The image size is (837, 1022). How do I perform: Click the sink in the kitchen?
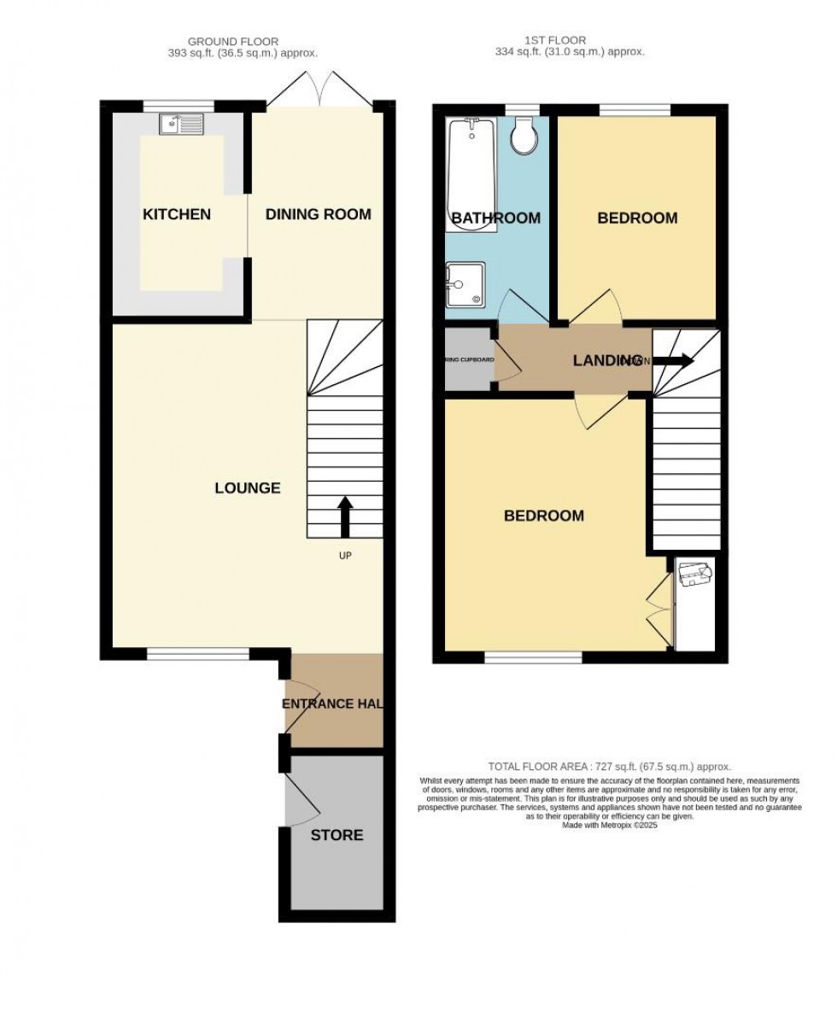(181, 125)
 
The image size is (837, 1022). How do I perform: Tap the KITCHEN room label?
(176, 214)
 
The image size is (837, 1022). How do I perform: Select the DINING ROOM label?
(318, 214)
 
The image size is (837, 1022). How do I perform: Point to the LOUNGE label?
(248, 488)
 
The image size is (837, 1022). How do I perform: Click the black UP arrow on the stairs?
(346, 515)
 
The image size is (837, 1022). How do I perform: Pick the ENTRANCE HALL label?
(332, 704)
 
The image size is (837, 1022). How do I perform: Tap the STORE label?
(337, 835)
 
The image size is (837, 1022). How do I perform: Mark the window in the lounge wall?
(197, 654)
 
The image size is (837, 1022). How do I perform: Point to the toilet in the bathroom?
(522, 134)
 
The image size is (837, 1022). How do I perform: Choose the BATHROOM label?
(495, 218)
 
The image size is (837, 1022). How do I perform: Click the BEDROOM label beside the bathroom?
(637, 218)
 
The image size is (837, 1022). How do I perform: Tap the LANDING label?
(606, 360)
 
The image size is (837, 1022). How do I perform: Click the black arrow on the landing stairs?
(673, 360)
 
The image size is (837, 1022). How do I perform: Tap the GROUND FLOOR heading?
(233, 40)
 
